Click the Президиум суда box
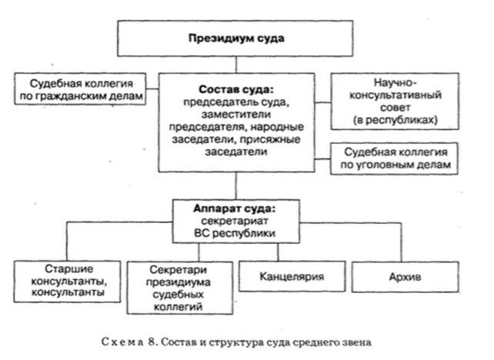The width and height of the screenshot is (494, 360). (235, 36)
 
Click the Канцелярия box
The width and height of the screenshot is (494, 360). (284, 275)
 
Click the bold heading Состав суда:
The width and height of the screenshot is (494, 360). (235, 88)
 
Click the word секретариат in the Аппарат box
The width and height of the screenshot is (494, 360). (235, 221)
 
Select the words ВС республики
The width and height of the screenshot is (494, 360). (235, 233)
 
